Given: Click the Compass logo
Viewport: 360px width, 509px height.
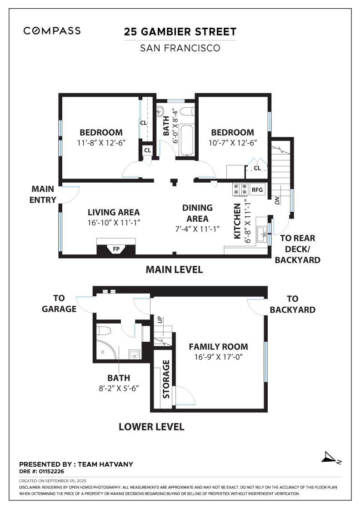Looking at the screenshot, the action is click(52, 31).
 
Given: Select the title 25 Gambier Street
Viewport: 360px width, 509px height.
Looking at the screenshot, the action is click(180, 32).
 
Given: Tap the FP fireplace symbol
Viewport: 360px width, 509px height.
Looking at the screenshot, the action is click(116, 249).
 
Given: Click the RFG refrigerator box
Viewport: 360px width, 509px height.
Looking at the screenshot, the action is click(257, 190).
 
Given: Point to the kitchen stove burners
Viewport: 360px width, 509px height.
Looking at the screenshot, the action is click(240, 190).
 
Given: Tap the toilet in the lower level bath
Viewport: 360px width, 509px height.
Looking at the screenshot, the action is click(104, 331).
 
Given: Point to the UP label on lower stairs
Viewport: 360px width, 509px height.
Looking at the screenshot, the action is click(160, 319).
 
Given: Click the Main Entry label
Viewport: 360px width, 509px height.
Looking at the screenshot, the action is click(43, 195).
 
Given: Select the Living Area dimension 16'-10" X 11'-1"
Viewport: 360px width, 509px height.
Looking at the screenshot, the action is click(114, 223).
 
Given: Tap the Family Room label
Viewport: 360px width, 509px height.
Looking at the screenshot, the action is click(219, 347).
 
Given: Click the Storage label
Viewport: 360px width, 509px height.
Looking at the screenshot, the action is click(166, 379).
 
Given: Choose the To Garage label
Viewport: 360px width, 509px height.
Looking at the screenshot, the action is click(59, 304).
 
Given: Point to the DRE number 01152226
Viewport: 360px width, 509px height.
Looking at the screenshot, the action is click(41, 471).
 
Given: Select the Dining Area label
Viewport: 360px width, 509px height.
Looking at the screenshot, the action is click(197, 213).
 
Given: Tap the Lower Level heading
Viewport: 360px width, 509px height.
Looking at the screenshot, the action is click(152, 427).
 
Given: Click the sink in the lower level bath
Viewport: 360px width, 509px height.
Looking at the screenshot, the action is click(135, 354).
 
